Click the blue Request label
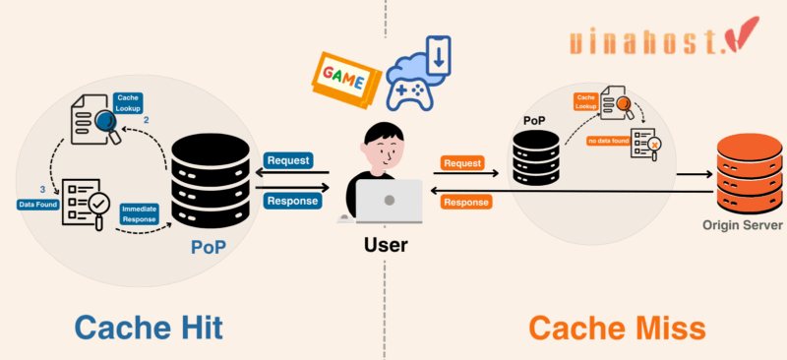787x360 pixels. pyautogui.click(x=288, y=160)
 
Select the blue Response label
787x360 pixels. pyautogui.click(x=292, y=201)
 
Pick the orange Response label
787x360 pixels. pyautogui.click(x=466, y=203)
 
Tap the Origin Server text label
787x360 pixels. pyautogui.click(x=743, y=225)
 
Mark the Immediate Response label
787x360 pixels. pyautogui.click(x=139, y=213)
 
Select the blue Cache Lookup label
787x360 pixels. pyautogui.click(x=128, y=103)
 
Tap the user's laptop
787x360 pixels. pyautogui.click(x=388, y=201)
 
